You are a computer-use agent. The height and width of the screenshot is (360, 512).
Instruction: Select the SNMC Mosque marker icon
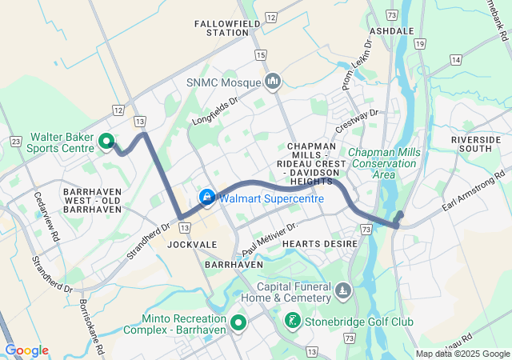[x=273, y=81]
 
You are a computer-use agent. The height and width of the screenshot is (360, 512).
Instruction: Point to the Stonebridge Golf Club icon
[x=294, y=322]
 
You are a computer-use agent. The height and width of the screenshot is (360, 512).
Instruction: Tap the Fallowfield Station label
[x=222, y=28]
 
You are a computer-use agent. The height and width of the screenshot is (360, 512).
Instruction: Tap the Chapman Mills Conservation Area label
[x=383, y=163]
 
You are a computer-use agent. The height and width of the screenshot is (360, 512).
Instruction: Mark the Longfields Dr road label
[x=215, y=112]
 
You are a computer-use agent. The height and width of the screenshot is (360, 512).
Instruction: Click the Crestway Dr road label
[x=357, y=122]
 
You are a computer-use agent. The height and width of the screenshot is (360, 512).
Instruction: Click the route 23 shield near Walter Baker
[x=16, y=140]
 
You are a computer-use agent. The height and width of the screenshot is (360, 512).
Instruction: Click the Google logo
[x=26, y=350]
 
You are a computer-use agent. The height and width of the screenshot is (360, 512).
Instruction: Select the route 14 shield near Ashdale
[x=455, y=60]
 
